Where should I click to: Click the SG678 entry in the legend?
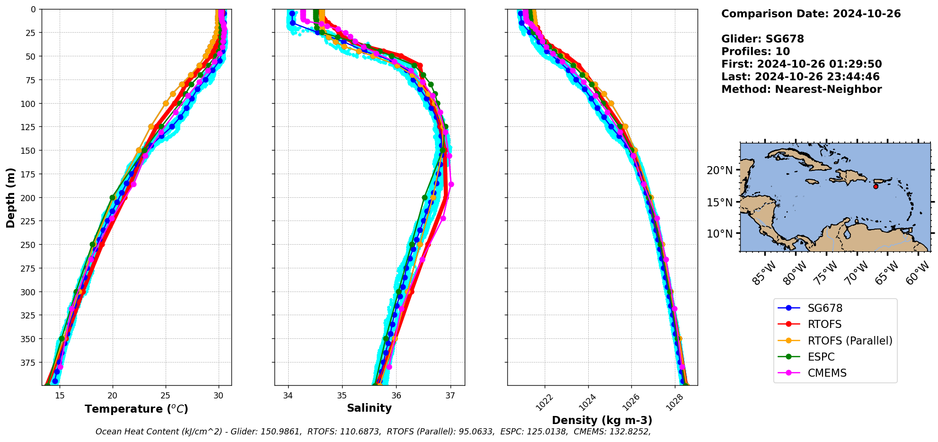click(824, 308)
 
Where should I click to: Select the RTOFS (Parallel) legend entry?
click(850, 340)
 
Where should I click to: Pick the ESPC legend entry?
click(821, 357)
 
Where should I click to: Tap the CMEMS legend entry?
click(827, 373)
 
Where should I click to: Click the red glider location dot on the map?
click(876, 186)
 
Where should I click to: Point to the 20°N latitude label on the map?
click(719, 170)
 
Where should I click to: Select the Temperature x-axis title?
click(136, 409)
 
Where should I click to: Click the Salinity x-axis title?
click(369, 408)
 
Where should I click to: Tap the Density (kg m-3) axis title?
click(602, 420)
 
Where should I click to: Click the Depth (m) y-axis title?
click(10, 197)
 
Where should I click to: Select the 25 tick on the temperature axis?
click(166, 396)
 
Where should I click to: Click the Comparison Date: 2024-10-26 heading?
click(811, 14)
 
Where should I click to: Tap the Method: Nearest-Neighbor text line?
click(801, 89)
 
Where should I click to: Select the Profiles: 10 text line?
click(755, 52)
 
